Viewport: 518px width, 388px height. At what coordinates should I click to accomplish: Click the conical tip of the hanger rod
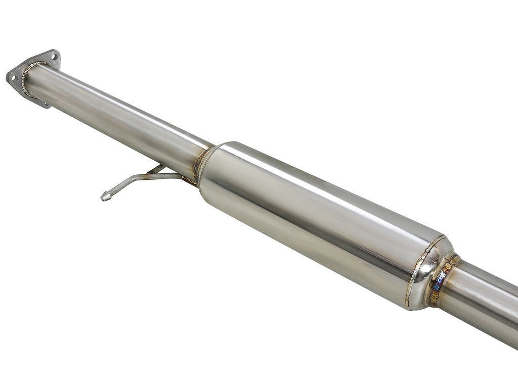105,197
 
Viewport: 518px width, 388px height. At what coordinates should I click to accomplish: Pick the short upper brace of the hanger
157,168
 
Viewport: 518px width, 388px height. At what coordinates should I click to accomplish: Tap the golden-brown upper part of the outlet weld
450,263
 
